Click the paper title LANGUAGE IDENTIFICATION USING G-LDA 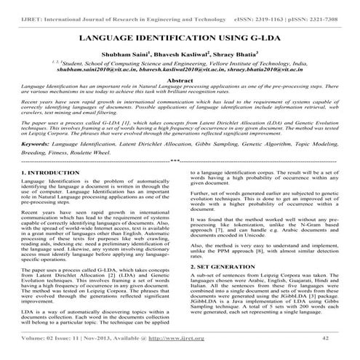[179, 36]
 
